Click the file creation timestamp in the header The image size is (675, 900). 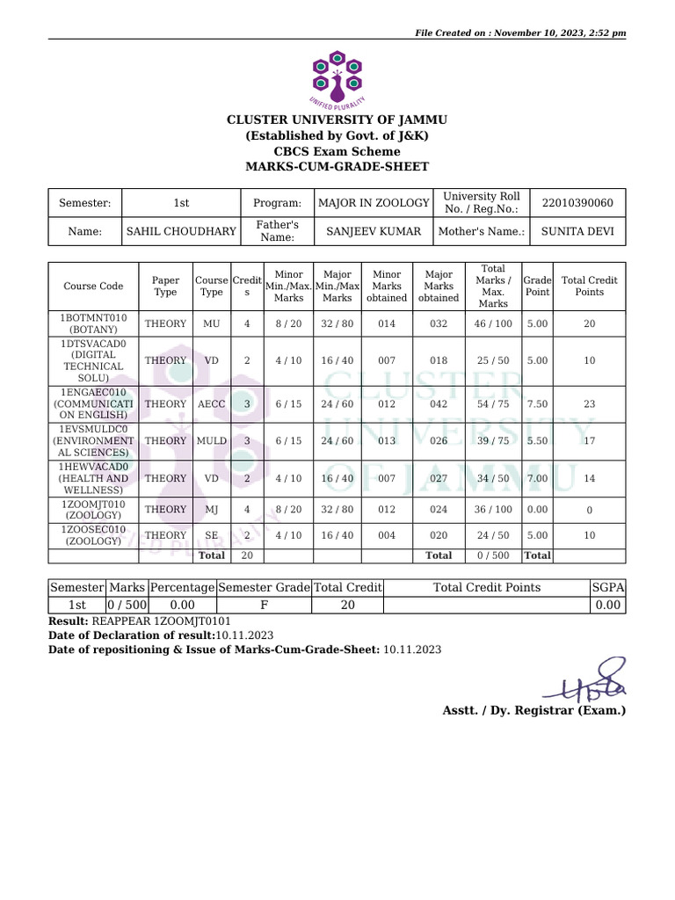point(520,33)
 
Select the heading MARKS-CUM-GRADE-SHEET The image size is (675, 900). point(337,166)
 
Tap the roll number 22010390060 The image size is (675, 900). point(578,203)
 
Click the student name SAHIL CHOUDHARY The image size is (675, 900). point(181,232)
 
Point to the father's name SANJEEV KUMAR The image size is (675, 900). point(374,232)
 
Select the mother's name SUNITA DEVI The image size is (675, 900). point(578,232)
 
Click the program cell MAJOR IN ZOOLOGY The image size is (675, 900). point(374,203)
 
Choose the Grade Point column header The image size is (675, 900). point(537,286)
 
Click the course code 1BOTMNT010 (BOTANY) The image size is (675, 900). point(93,323)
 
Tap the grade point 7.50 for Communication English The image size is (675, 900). point(537,403)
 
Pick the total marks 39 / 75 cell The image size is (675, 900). point(493,441)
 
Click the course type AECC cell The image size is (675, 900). point(211,403)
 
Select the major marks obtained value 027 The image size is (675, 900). point(439,478)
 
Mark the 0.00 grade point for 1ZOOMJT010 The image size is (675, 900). point(537,509)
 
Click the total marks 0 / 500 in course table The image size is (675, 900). point(493,555)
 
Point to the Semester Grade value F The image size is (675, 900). point(264,605)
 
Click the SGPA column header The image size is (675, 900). point(607,587)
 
